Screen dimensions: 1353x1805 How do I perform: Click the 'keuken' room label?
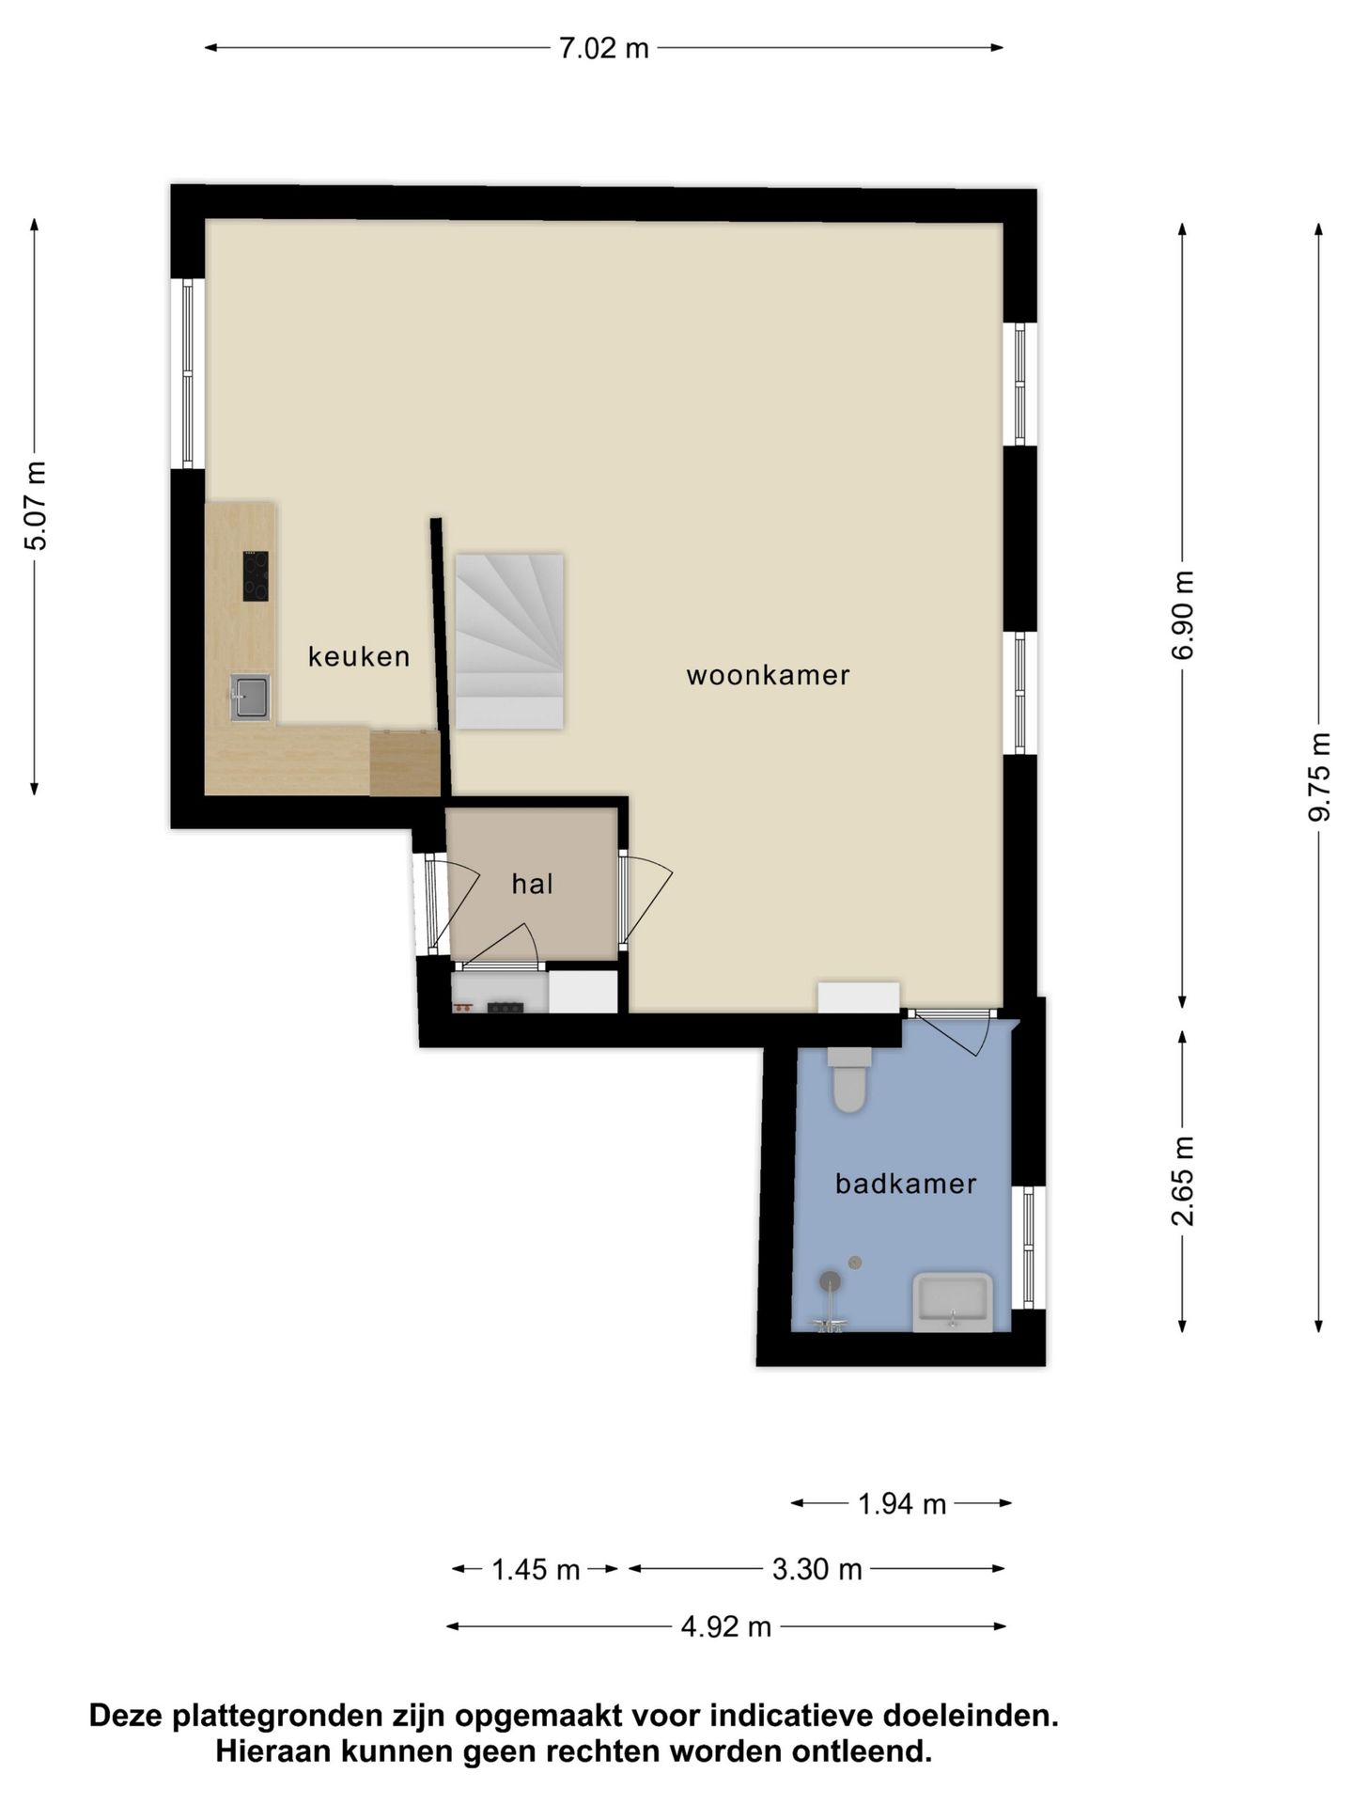[x=359, y=656]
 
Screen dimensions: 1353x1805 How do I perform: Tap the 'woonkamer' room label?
[x=768, y=675]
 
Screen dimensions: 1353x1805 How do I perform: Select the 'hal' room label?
[x=532, y=884]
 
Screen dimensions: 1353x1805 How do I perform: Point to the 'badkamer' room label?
[x=906, y=1184]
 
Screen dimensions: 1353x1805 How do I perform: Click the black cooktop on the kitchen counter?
[x=256, y=576]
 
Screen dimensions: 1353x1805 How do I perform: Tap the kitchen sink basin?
[x=251, y=698]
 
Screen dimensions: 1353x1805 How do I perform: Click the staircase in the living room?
[x=509, y=641]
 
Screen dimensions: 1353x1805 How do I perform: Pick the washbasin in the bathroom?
[x=953, y=1302]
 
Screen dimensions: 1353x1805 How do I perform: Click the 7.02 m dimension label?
[x=604, y=48]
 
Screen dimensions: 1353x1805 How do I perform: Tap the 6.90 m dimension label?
[x=1183, y=615]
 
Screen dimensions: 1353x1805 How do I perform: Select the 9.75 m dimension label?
[x=1319, y=777]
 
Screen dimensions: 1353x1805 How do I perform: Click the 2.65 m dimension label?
[x=1183, y=1181]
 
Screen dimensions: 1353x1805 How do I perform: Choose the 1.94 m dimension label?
[x=902, y=1504]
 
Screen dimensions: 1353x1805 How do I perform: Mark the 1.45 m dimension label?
[x=537, y=1569]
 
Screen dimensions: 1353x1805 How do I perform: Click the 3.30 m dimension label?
[x=817, y=1569]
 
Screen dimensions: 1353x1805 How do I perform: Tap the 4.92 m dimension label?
[x=726, y=1626]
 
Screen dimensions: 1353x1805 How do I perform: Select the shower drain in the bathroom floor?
[x=855, y=1262]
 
